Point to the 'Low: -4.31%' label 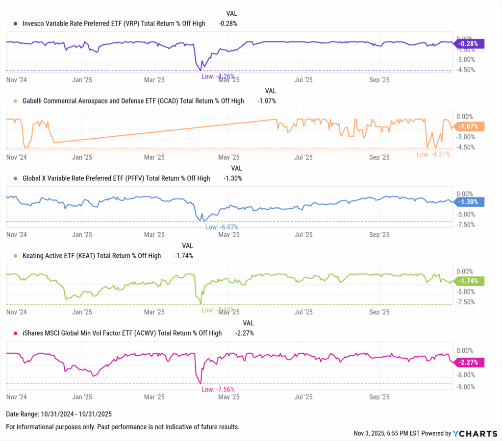point(433,154)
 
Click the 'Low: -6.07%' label point(222,227)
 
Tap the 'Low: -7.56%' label point(218,389)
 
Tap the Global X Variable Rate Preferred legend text point(116,178)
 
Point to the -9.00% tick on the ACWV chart point(465,387)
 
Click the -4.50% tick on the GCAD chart point(465,147)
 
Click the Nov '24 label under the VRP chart point(17,79)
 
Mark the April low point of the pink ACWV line point(200,383)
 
